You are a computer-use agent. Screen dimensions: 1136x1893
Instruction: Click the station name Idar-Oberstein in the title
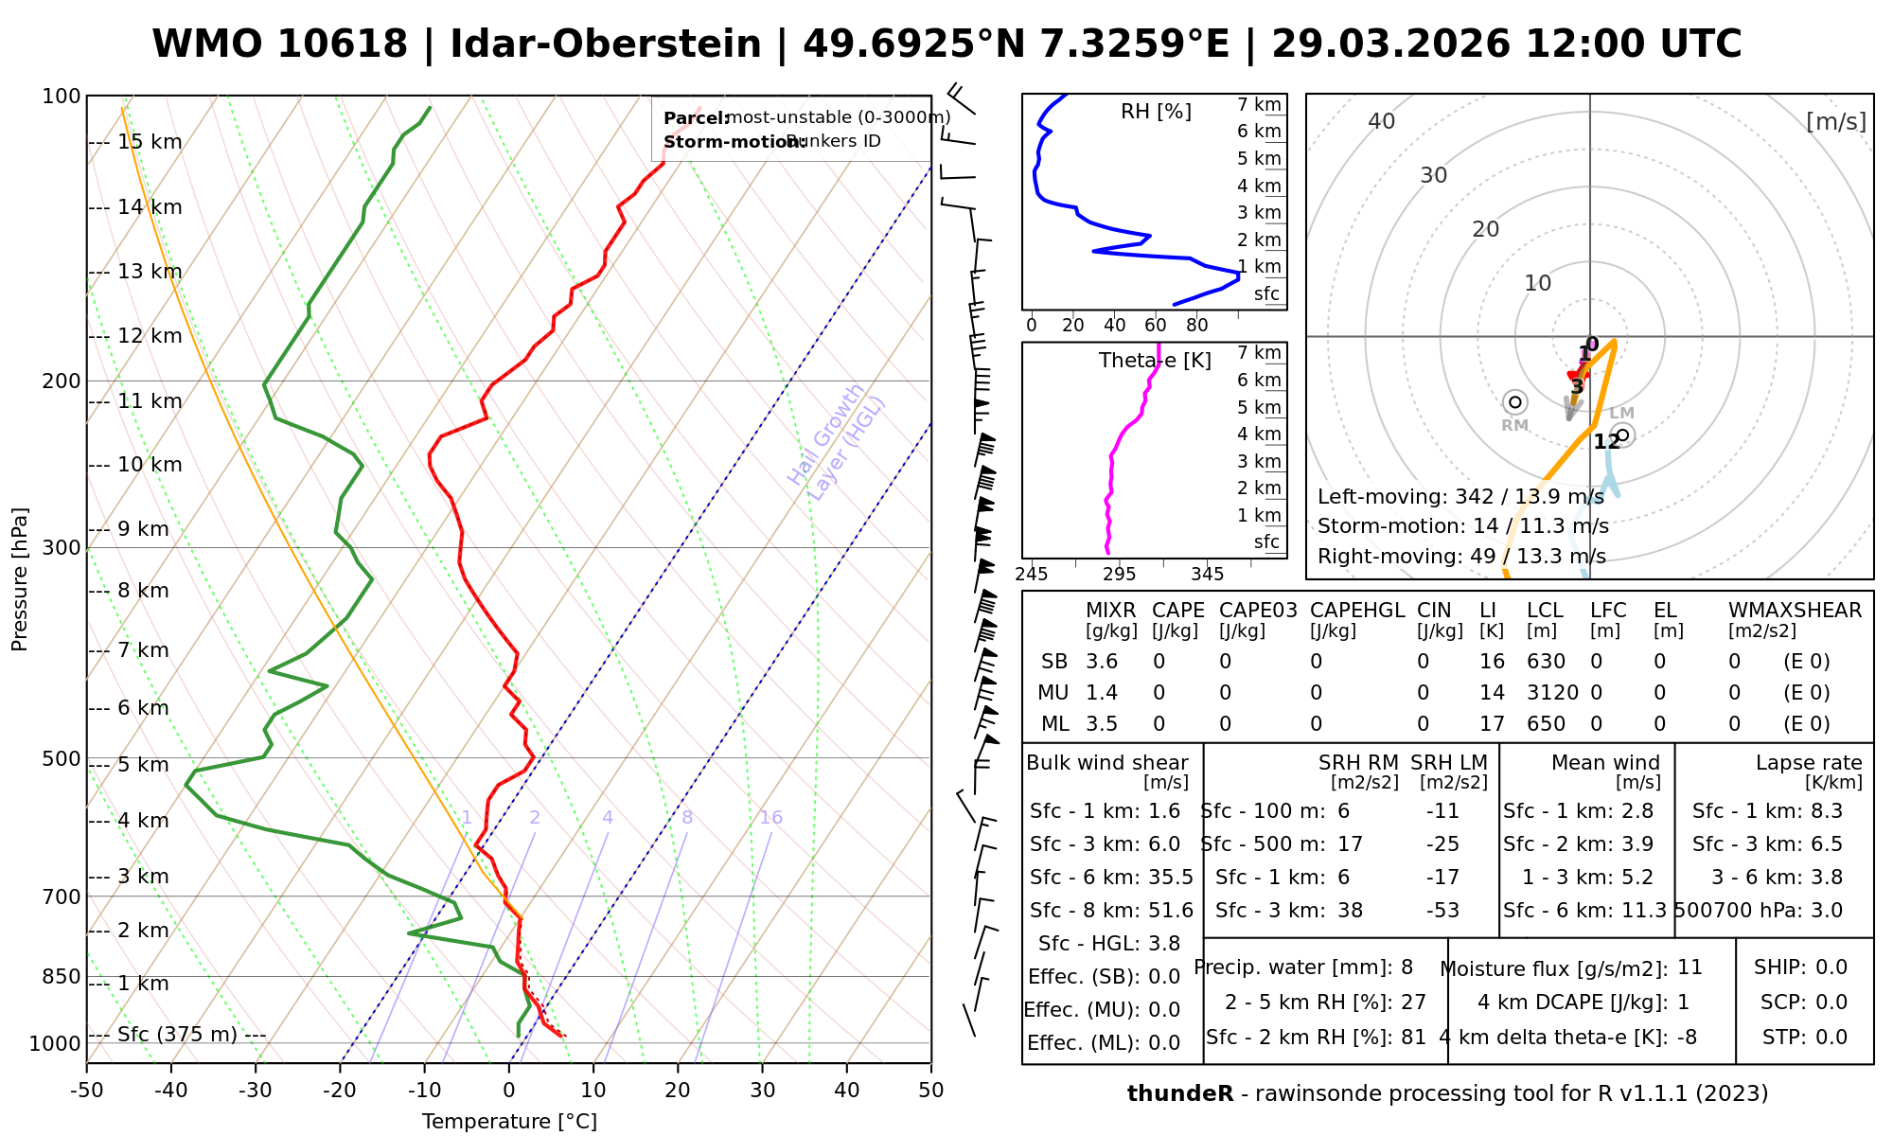pos(605,44)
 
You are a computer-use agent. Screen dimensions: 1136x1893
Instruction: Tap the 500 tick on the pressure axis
pos(61,759)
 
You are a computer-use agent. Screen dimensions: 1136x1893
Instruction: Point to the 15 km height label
pos(150,142)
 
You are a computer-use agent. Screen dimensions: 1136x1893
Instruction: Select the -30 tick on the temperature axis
pos(255,1091)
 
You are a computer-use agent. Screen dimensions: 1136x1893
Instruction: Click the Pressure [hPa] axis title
pos(20,579)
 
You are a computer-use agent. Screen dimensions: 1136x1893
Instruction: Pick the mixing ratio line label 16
pos(770,818)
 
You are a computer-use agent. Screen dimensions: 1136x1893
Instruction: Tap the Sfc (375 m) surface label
pos(177,1035)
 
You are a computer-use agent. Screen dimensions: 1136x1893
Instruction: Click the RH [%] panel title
pos(1156,112)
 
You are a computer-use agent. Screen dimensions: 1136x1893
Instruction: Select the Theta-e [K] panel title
pos(1155,361)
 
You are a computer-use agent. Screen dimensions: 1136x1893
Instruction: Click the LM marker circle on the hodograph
pos(1623,435)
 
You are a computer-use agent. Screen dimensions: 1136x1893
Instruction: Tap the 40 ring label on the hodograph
pos(1382,121)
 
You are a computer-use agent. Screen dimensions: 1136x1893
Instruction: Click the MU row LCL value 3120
pos(1552,693)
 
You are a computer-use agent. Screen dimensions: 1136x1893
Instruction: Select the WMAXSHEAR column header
pos(1795,611)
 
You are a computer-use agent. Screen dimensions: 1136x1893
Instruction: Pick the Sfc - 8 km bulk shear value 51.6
pos(1171,911)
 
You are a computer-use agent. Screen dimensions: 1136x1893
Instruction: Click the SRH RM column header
pos(1358,763)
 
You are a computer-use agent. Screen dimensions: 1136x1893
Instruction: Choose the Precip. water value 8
pos(1406,967)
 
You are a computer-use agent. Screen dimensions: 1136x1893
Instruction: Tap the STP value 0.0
pos(1831,1038)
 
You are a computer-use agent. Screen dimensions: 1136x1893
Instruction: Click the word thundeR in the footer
pos(1180,1094)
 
